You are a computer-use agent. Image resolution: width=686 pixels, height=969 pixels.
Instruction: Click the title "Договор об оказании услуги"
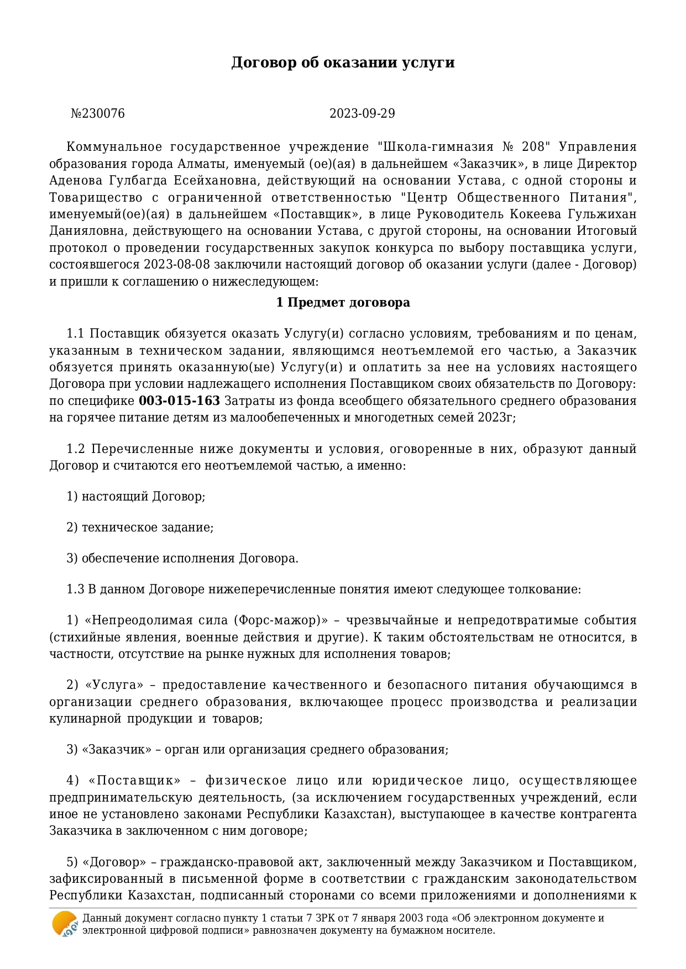coord(343,62)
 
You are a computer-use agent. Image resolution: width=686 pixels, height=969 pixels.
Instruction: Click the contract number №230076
coord(98,114)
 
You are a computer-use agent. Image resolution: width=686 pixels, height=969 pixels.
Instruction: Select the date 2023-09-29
coord(362,114)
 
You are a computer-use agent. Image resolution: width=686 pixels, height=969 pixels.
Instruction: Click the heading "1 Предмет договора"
coord(343,303)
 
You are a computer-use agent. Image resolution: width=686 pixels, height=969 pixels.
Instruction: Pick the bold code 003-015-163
coord(179,401)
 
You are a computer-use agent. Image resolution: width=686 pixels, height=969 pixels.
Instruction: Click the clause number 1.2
coord(75,449)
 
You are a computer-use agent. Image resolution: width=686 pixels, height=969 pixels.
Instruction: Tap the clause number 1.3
coord(75,589)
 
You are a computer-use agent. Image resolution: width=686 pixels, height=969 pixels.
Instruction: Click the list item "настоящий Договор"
coord(143,497)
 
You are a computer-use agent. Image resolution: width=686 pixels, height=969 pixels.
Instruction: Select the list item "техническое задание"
coord(147,528)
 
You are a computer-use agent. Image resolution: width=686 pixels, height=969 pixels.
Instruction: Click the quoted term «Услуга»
coord(114,686)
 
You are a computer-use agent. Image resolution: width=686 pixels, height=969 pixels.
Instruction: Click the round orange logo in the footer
coord(65,924)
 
